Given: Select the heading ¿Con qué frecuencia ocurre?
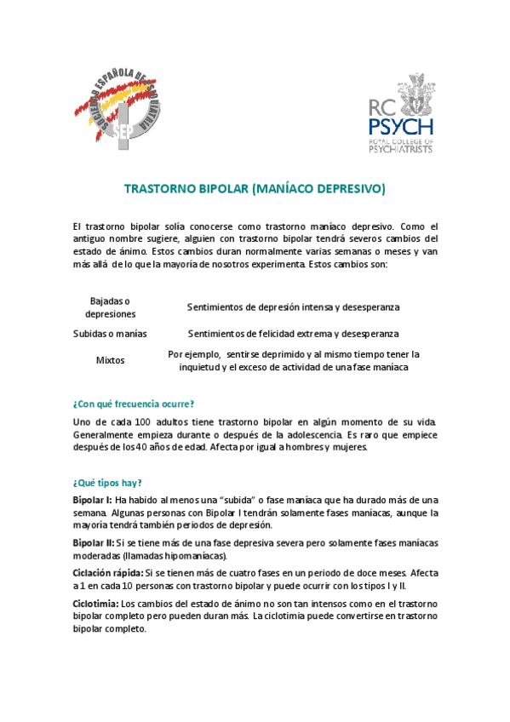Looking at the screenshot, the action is [x=134, y=404].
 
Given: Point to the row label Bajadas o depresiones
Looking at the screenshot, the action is [x=111, y=307].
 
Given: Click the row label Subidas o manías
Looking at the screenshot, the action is [x=111, y=334].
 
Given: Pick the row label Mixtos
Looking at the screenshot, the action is [x=111, y=360].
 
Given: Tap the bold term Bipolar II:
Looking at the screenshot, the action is [x=94, y=542].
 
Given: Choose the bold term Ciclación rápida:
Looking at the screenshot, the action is [x=107, y=573].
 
